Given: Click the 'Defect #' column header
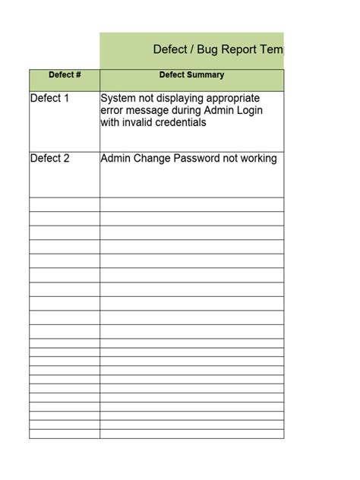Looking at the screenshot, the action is [65, 75].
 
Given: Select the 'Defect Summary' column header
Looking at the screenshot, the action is [191, 75].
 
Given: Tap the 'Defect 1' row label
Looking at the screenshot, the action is [49, 99].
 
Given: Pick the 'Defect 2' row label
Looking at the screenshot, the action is [49, 159].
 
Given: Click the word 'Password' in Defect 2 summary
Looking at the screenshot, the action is [201, 159].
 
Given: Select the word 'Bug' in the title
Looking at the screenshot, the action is [209, 50].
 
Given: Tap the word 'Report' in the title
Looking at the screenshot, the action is [243, 50].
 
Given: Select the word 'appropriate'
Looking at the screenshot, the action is [232, 99].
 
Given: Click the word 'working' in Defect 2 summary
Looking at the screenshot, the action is [257, 159].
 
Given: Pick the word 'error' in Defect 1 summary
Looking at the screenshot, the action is [113, 111].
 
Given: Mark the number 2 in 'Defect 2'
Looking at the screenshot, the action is [66, 159].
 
